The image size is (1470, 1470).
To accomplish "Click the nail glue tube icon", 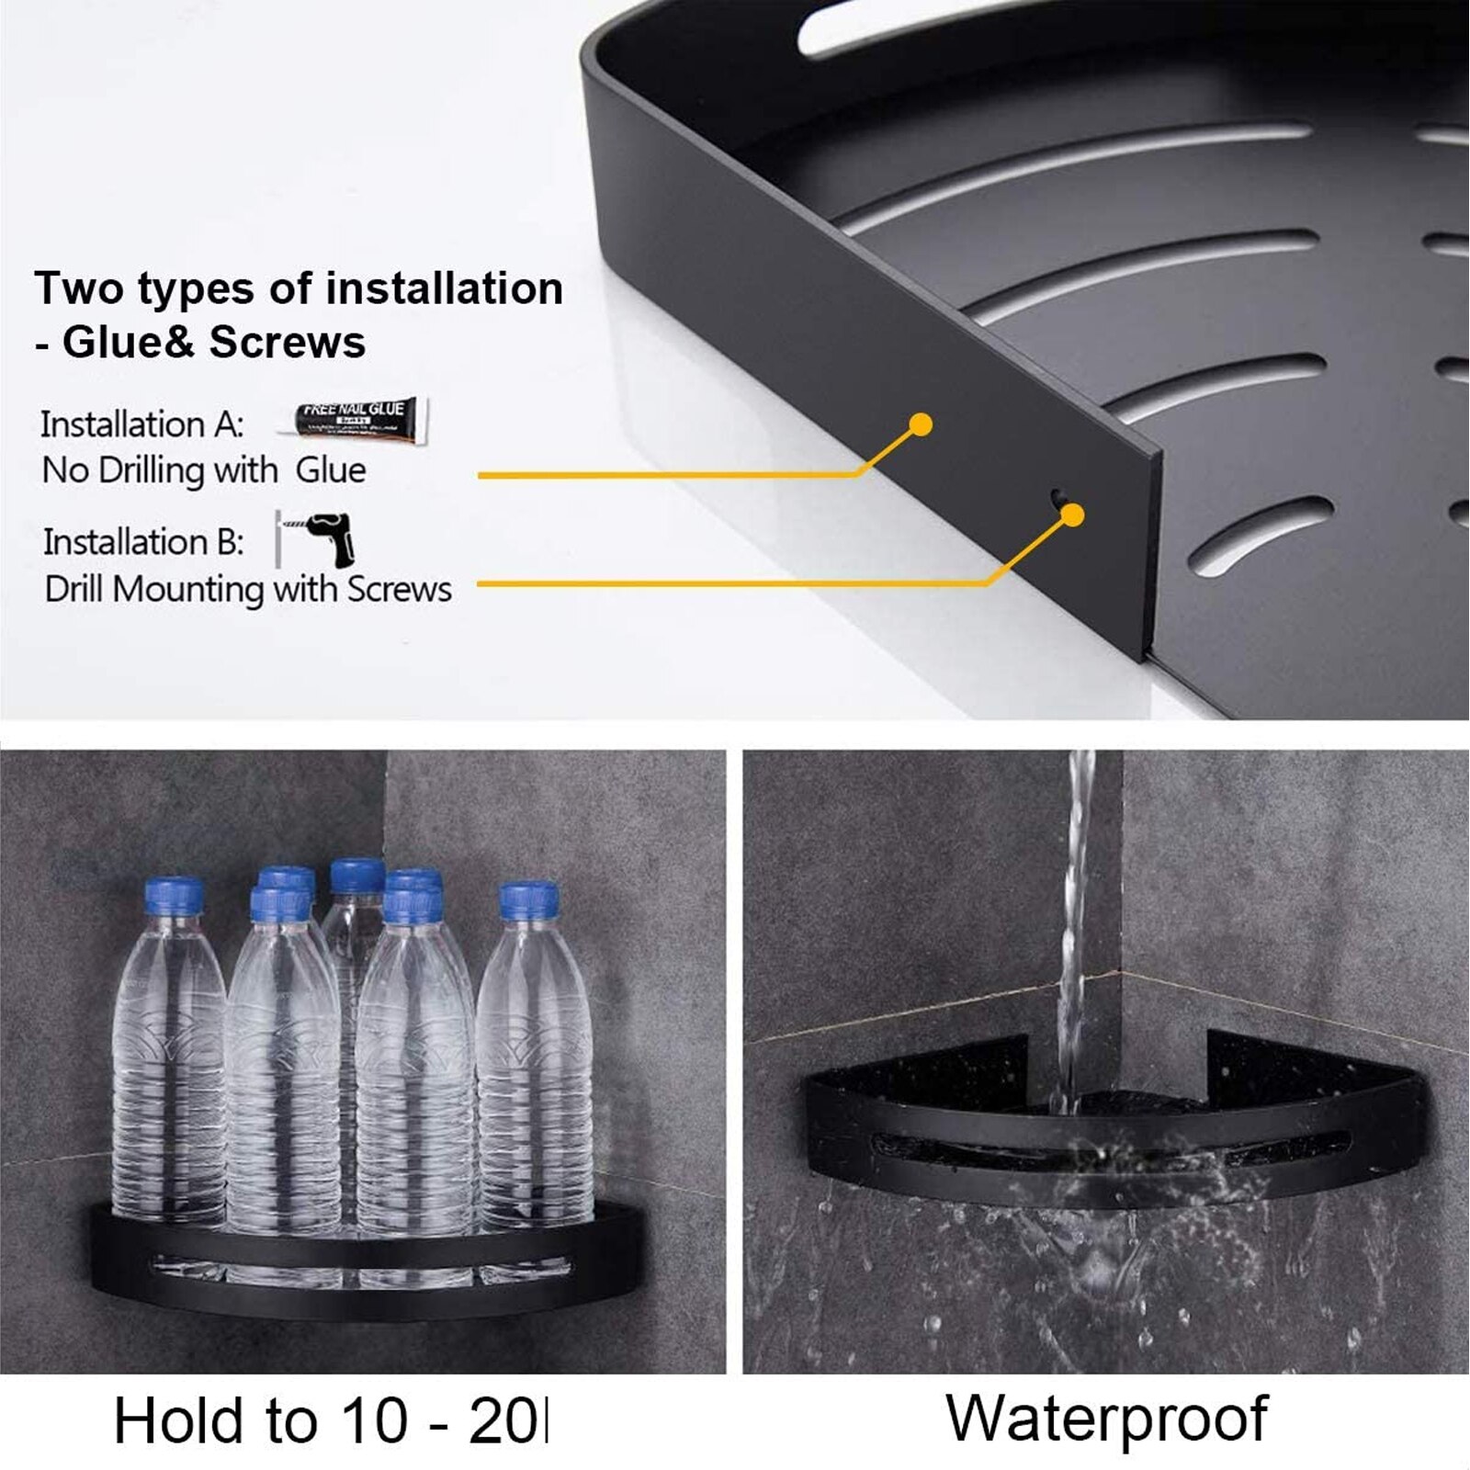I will pos(361,420).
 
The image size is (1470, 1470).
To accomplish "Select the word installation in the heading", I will pos(444,288).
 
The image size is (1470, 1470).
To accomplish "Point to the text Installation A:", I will pos(142,424).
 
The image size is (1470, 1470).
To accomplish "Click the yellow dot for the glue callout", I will pos(921,424).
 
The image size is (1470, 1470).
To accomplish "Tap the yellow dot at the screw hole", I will pos(1072,515).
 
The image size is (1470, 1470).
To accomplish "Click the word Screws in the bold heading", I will pos(288,343).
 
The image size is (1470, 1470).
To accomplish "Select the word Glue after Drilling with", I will pos(331,470).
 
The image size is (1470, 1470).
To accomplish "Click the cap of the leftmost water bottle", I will pos(174,896).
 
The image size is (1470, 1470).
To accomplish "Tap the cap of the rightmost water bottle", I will pos(529,900).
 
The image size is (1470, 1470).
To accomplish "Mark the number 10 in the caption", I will pos(375,1421).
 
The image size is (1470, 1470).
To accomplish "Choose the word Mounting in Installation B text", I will pos(188,589).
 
